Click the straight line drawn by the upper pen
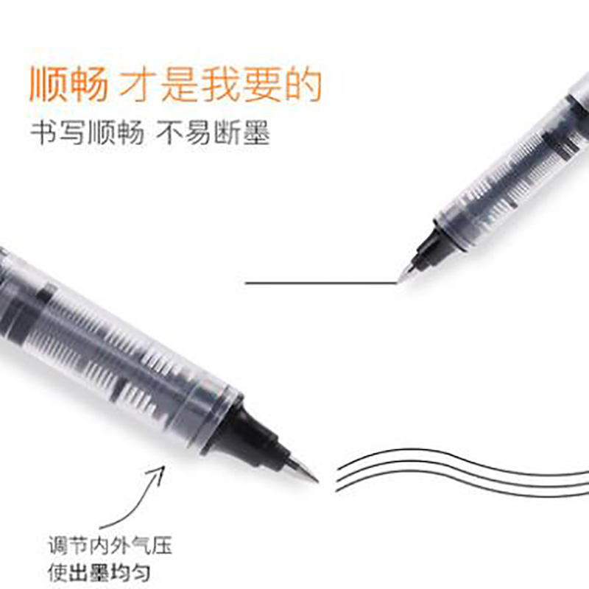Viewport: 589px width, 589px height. (317, 283)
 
